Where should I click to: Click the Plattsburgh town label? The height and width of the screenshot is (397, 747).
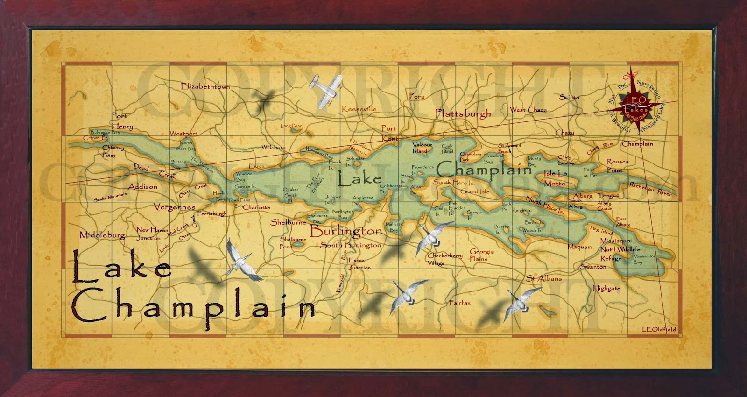(463, 113)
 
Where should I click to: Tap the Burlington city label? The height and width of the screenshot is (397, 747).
(345, 231)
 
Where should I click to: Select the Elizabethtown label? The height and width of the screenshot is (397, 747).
(205, 86)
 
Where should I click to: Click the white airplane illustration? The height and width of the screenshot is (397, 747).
(325, 90)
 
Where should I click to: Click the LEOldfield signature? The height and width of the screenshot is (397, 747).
(658, 330)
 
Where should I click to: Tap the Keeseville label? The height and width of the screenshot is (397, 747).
(359, 109)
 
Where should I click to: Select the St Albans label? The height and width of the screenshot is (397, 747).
(544, 278)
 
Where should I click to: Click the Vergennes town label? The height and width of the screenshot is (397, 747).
(175, 207)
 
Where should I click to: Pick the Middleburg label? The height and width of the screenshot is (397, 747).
(102, 235)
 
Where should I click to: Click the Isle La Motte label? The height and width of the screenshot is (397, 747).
(555, 178)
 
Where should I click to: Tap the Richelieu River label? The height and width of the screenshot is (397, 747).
(650, 189)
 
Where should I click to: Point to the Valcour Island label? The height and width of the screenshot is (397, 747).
(422, 148)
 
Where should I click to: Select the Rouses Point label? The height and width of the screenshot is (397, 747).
(617, 166)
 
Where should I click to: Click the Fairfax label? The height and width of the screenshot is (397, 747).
(459, 303)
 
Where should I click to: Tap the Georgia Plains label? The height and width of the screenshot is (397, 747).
(481, 255)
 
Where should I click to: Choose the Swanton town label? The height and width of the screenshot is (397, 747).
(593, 267)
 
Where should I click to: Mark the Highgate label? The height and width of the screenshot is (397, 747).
(606, 288)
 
